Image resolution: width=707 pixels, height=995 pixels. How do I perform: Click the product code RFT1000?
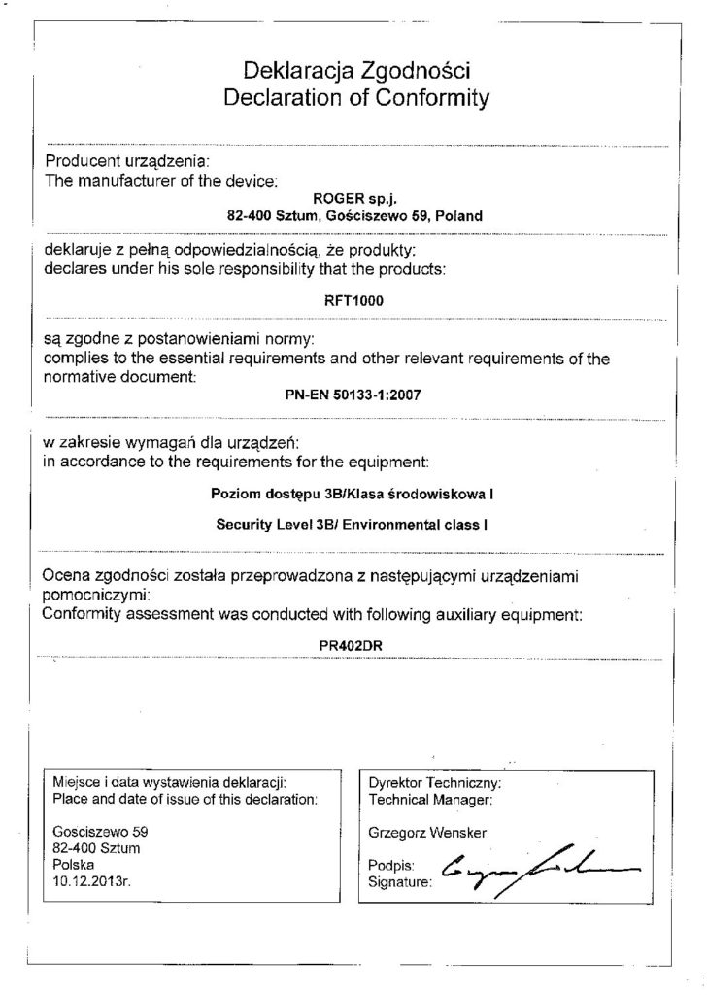coord(353,300)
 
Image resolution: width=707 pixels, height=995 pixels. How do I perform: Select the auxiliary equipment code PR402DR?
coord(353,644)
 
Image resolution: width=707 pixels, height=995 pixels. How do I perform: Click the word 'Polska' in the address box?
coord(75,865)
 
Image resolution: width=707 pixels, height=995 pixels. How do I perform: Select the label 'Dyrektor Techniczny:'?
coord(434,782)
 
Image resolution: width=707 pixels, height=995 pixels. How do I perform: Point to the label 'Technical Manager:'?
coord(430,799)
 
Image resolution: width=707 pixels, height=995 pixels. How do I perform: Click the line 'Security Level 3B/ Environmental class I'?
coord(353,525)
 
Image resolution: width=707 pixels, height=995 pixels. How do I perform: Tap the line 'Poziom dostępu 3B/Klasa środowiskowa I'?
coord(353,495)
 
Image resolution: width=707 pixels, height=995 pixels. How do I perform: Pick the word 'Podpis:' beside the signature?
coord(392,864)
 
